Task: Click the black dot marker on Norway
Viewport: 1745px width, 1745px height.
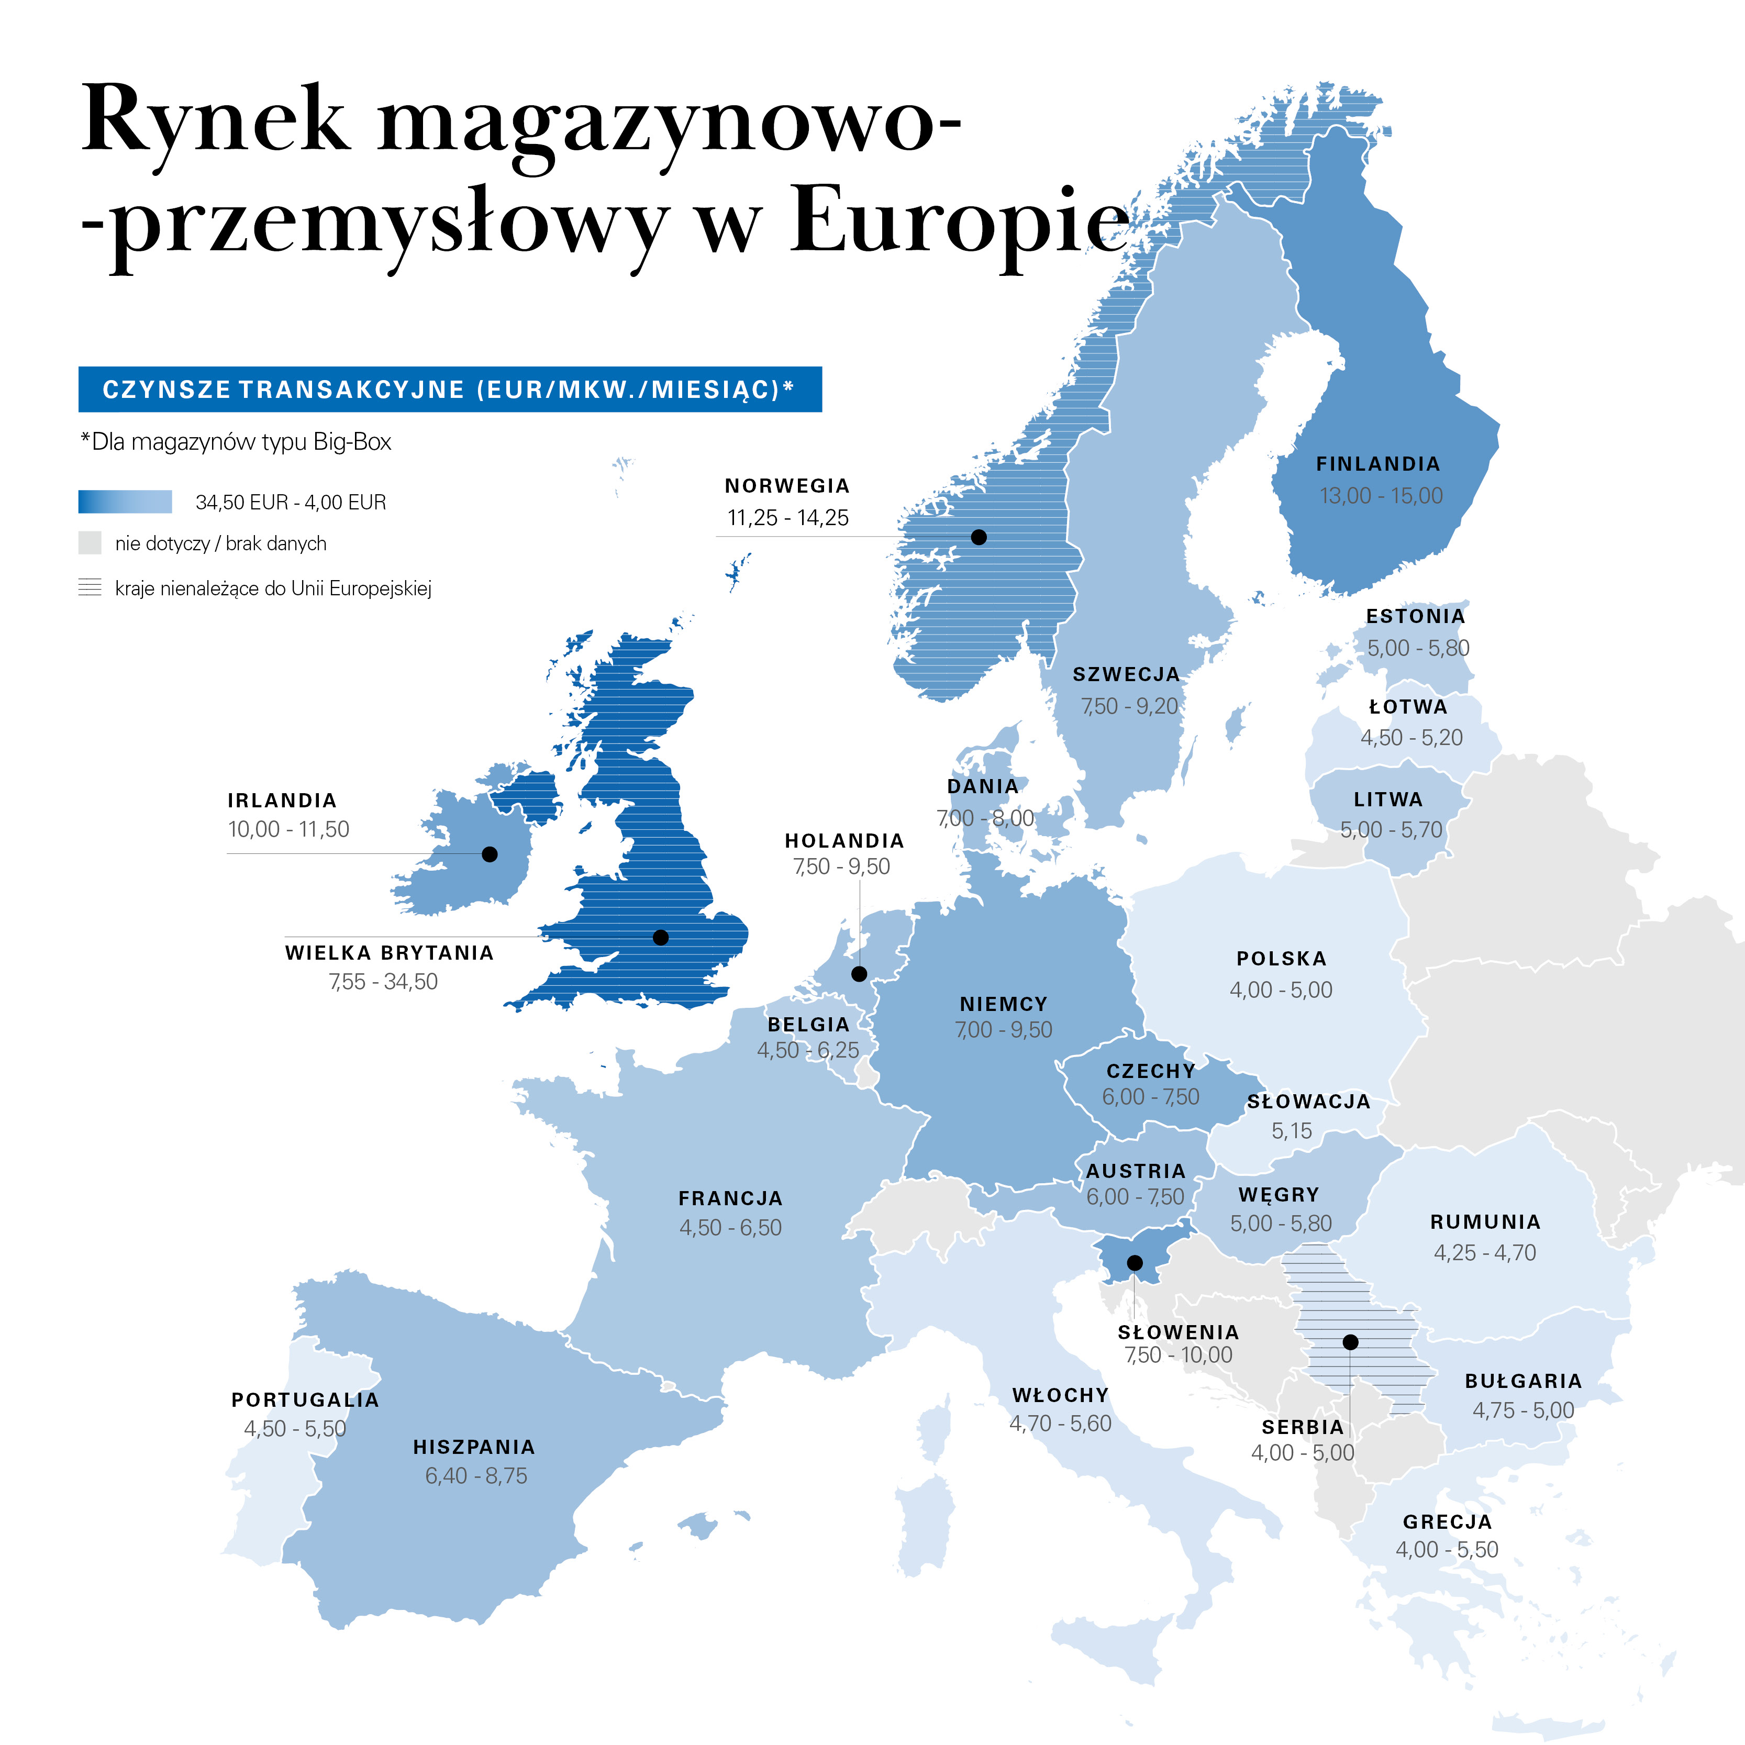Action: (x=978, y=537)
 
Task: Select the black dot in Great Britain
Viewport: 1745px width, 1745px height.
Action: (x=660, y=938)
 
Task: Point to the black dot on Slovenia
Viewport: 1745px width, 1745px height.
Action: (x=1135, y=1263)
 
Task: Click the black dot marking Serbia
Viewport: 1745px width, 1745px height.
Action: (x=1350, y=1342)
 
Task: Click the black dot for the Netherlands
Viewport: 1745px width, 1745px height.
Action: (x=859, y=974)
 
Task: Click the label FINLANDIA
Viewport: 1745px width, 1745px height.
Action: (x=1377, y=464)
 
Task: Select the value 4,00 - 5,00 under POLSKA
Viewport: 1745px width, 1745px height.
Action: (x=1281, y=990)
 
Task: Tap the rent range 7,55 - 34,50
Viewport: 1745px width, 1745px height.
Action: (x=383, y=982)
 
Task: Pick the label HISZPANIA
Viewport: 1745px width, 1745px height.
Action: (x=474, y=1447)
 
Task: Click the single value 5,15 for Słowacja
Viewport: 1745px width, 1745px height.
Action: (x=1292, y=1131)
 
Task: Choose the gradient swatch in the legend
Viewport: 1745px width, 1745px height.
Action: (x=125, y=502)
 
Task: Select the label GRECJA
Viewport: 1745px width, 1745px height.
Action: (x=1447, y=1522)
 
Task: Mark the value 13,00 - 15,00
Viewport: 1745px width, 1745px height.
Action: (x=1381, y=496)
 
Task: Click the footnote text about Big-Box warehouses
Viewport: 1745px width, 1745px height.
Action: (x=237, y=442)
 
